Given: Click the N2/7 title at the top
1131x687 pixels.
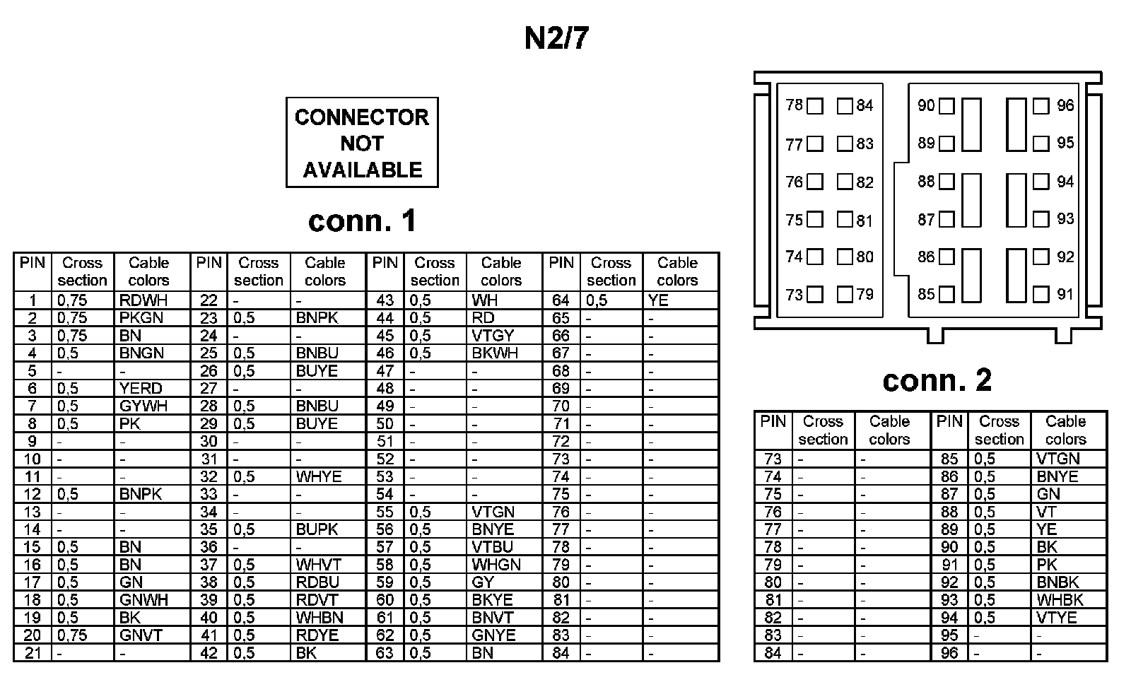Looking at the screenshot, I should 556,39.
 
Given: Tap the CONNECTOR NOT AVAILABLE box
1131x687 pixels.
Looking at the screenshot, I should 362,143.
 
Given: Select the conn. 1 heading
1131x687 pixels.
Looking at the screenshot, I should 362,221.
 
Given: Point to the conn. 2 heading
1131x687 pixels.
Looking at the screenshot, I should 937,381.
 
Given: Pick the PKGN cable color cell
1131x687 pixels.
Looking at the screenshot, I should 141,318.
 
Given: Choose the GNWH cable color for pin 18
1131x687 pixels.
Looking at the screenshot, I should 143,600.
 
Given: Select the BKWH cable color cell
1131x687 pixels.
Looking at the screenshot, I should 495,353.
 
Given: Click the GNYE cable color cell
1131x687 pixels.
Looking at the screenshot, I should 494,635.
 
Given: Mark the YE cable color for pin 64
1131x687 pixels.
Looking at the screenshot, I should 658,300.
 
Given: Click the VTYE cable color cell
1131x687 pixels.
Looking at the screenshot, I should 1057,618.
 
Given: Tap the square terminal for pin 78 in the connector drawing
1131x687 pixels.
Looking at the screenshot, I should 815,106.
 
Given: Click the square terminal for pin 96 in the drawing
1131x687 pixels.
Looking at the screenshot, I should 1041,106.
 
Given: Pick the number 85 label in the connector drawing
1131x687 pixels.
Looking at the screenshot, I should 926,294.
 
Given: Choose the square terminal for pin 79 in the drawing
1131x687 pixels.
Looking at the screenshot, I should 845,294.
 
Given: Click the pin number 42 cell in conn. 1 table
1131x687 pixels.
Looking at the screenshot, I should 209,653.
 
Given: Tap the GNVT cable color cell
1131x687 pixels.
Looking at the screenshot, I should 141,635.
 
